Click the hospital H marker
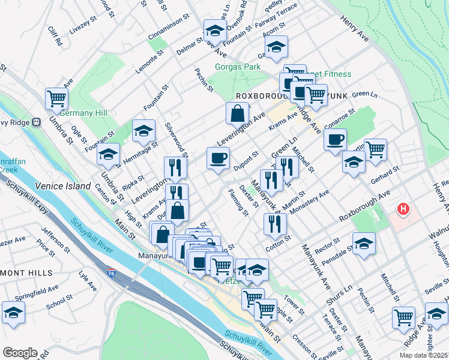pyautogui.click(x=403, y=210)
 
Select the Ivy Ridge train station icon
pyautogui.click(x=36, y=121)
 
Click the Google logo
pyautogui.click(x=20, y=353)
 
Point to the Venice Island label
pyautogui.click(x=62, y=187)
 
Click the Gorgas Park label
pyautogui.click(x=238, y=67)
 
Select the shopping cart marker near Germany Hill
pyautogui.click(x=56, y=98)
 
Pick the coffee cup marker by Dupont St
pyautogui.click(x=218, y=158)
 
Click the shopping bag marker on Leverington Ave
pyautogui.click(x=238, y=112)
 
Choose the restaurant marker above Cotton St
pyautogui.click(x=275, y=224)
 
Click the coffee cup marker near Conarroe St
pyautogui.click(x=335, y=139)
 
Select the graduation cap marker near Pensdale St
pyautogui.click(x=364, y=244)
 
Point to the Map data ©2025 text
pyautogui.click(x=424, y=355)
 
